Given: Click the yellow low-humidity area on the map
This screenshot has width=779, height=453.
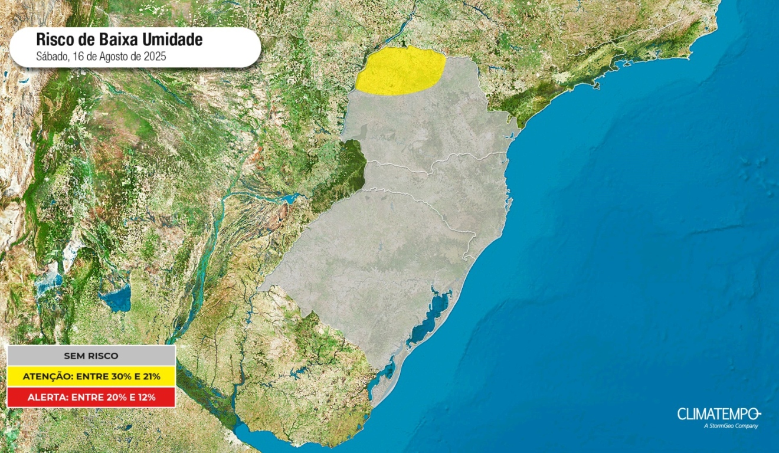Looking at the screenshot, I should tap(400, 71).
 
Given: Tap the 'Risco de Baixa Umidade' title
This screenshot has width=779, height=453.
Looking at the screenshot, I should tap(119, 40).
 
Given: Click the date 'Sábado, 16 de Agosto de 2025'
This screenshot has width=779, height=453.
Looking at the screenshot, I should tap(101, 57).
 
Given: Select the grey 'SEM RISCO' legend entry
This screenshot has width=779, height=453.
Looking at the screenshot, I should tap(91, 356).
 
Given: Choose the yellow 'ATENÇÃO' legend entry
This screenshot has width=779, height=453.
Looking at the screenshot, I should tap(91, 376).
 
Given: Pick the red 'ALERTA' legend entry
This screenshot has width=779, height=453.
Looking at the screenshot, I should tap(91, 397).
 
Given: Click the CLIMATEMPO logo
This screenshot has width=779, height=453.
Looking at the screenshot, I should tap(719, 413).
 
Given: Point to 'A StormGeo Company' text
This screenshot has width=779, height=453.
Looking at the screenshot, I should tap(731, 426).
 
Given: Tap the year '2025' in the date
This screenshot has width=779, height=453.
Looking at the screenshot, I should tap(155, 57).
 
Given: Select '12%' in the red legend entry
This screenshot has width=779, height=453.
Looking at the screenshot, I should tap(145, 397).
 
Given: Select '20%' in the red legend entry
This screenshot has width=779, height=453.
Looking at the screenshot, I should tap(110, 397).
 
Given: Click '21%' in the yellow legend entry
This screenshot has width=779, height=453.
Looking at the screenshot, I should tap(149, 376).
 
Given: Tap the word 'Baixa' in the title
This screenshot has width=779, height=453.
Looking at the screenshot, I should tap(119, 40).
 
